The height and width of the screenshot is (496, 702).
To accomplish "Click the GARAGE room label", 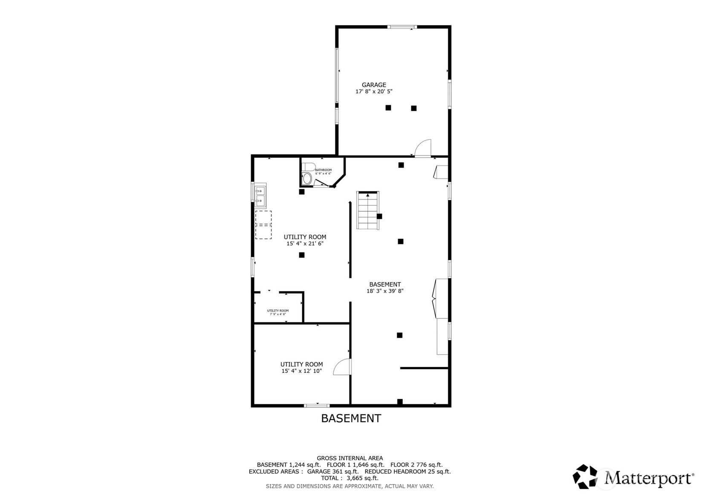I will point(374,85).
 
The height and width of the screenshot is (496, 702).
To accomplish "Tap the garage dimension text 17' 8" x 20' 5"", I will point(374,92).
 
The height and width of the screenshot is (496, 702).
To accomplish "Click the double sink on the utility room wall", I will point(260,196).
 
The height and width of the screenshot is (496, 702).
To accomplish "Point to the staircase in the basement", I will point(367,211).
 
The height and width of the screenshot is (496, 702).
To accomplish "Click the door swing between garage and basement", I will point(423,148).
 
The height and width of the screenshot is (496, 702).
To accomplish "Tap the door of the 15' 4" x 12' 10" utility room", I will point(342,367).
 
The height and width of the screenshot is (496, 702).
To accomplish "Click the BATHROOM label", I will point(323,170).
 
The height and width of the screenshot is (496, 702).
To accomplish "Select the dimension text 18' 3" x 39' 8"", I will point(385,291).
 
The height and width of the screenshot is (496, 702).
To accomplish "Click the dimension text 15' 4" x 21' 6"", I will point(305,244).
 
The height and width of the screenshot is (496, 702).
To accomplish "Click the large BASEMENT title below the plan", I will point(351,418).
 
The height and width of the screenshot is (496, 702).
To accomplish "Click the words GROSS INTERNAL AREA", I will point(350,459).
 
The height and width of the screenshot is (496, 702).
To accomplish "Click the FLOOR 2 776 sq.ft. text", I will point(416,465).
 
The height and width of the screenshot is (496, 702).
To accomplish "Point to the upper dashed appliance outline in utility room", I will point(263,218).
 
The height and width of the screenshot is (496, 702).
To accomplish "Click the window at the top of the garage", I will point(402,27).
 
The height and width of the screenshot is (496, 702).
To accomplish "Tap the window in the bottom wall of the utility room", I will point(317,405).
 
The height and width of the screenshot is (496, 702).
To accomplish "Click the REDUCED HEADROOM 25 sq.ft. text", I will point(407,472).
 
